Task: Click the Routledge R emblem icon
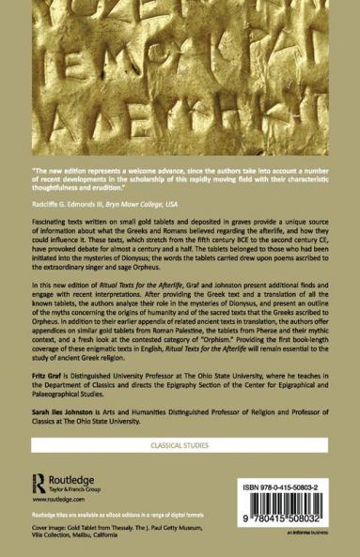pos(39,481)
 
